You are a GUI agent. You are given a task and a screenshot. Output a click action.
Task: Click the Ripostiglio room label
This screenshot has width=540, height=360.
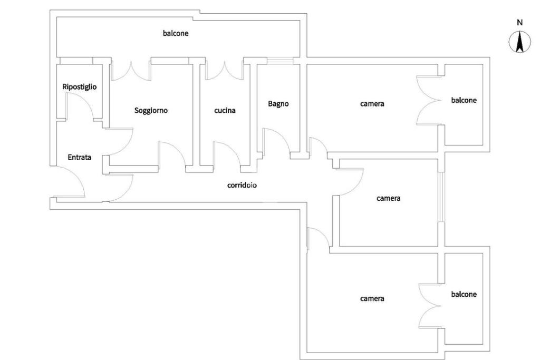point(79,87)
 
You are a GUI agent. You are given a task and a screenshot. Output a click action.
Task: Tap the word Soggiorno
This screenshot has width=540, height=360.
point(151,111)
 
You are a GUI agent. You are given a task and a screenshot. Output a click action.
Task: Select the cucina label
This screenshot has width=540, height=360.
point(225,111)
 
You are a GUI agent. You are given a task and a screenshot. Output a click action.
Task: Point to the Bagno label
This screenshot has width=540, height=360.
point(278,104)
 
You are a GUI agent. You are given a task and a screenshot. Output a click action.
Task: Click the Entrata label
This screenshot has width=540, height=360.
point(79,157)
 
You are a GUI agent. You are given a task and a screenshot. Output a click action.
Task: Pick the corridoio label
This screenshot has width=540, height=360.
point(242,185)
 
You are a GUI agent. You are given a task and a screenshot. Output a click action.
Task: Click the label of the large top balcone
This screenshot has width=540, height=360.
point(176,33)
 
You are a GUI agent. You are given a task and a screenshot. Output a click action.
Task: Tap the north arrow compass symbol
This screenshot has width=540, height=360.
point(519,42)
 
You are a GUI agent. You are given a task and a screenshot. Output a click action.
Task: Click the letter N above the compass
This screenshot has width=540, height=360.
point(519,23)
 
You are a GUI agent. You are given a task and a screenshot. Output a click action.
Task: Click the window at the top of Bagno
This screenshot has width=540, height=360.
point(281,61)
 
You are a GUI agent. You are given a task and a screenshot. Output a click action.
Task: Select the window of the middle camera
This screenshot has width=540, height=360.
point(441,197)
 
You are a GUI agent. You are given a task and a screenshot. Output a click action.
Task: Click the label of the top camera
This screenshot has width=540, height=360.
point(372,104)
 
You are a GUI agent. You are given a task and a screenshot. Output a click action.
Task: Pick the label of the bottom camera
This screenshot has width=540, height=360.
point(372,298)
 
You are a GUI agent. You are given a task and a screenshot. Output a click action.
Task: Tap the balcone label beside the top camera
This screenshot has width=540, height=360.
point(464,100)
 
